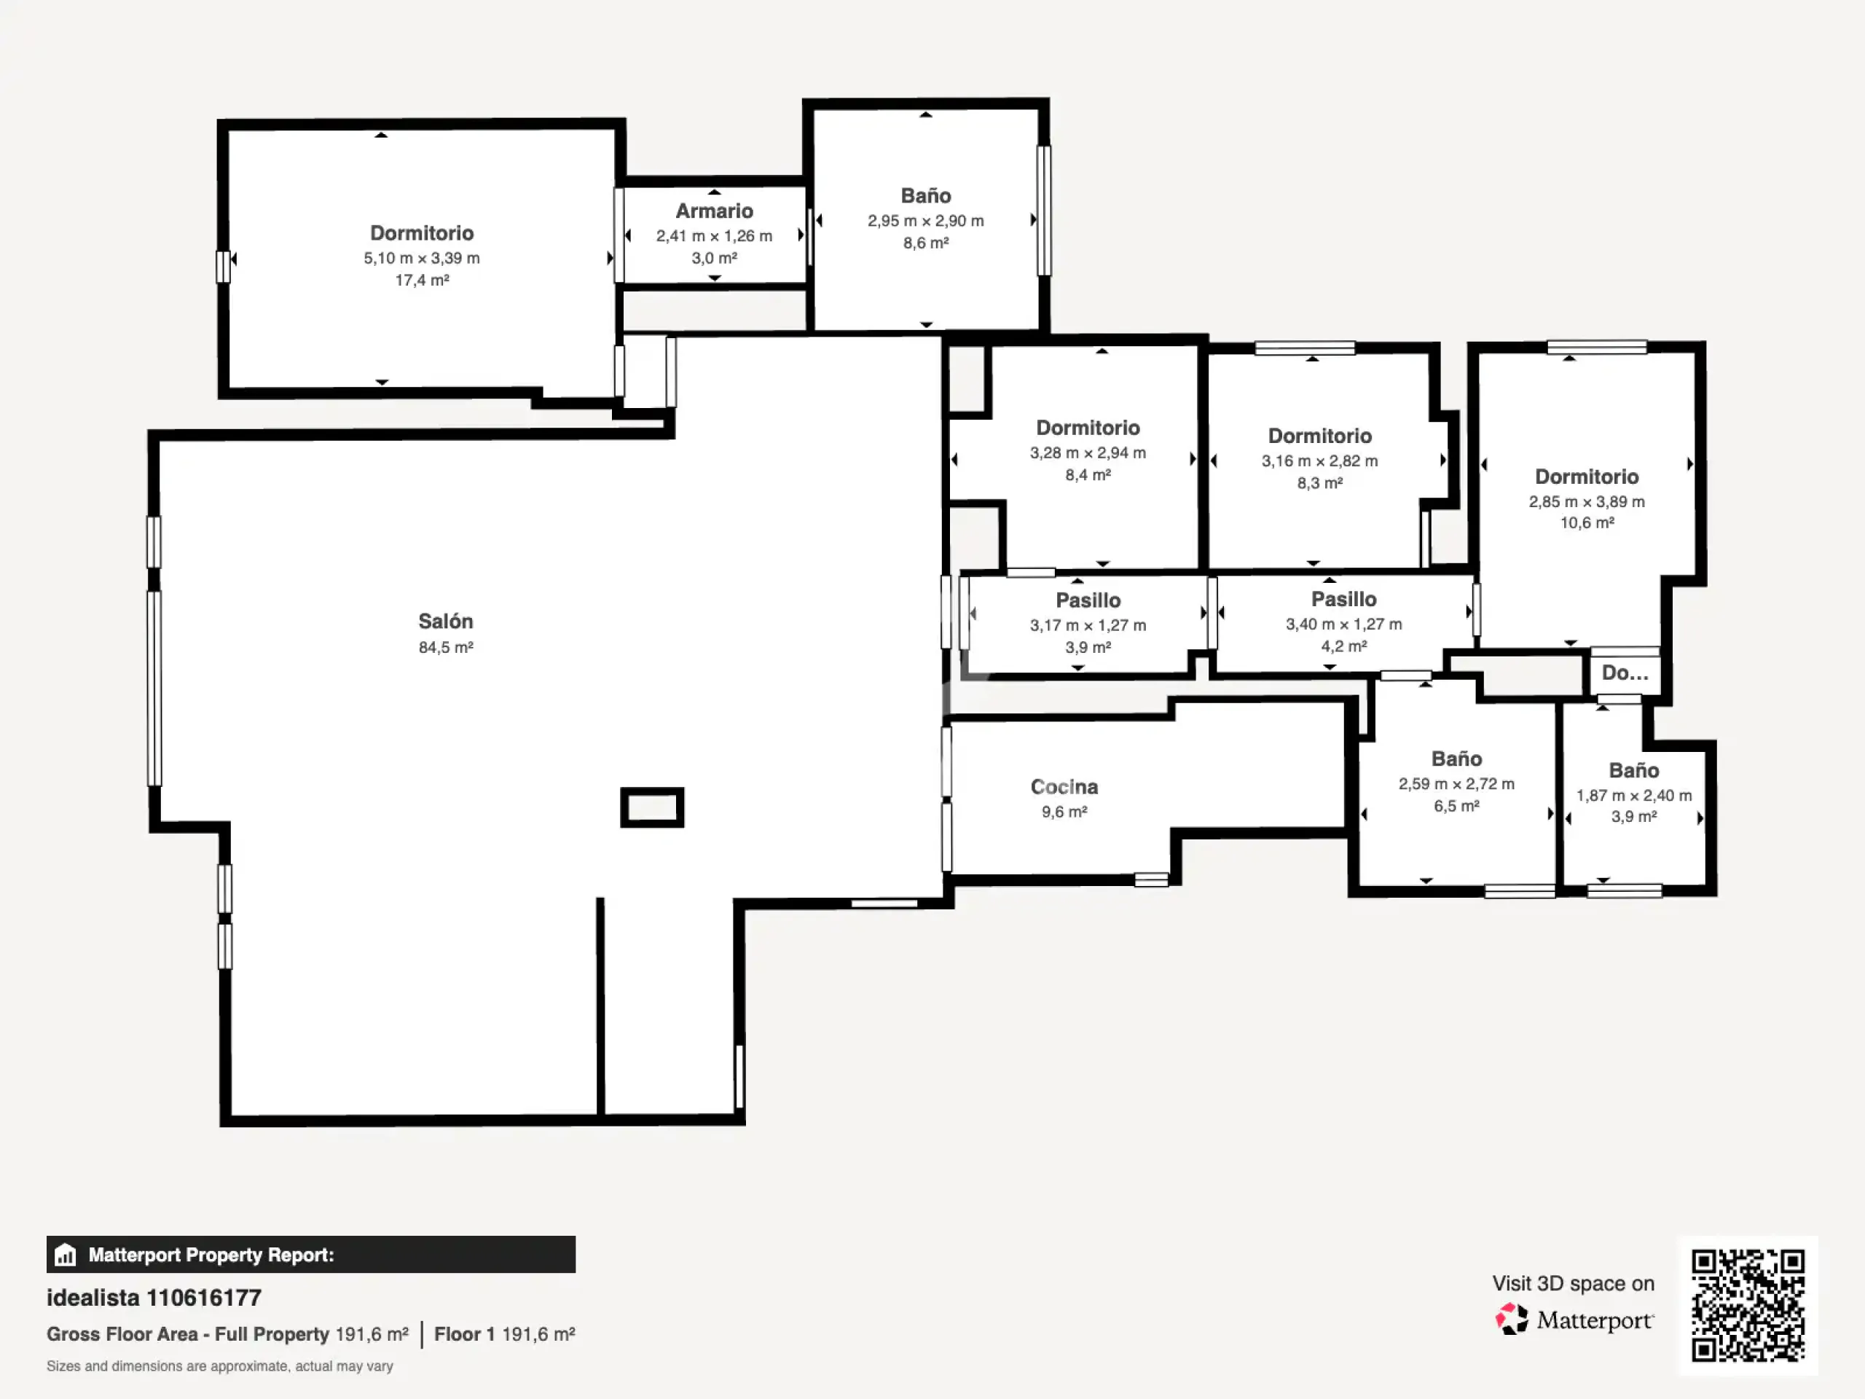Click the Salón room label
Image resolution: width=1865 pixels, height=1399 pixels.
click(x=445, y=622)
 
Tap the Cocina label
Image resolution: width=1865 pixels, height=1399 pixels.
click(x=1064, y=787)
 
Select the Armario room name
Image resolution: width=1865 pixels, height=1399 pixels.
click(x=714, y=211)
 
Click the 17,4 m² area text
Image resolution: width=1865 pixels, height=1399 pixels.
click(x=422, y=280)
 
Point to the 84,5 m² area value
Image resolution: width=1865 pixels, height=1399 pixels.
click(x=445, y=648)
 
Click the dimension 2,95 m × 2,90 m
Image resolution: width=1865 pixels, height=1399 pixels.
click(x=926, y=221)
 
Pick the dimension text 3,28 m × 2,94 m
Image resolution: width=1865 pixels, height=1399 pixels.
click(x=1088, y=452)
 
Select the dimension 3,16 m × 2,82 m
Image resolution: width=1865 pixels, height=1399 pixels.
click(x=1319, y=461)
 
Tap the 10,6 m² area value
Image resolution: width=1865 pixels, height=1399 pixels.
click(x=1587, y=523)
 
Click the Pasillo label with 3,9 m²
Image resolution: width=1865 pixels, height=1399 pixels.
click(x=1088, y=600)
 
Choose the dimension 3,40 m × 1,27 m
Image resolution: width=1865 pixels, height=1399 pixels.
click(x=1343, y=624)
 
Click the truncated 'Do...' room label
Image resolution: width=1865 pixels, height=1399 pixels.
click(x=1625, y=673)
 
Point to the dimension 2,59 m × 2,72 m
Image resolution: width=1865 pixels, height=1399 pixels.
click(x=1456, y=784)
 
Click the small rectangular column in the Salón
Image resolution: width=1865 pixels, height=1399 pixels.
click(x=652, y=808)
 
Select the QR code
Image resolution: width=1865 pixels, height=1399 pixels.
click(x=1748, y=1306)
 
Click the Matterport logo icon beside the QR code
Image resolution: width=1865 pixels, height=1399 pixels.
click(x=1511, y=1320)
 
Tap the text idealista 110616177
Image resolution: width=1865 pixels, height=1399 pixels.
click(x=154, y=1298)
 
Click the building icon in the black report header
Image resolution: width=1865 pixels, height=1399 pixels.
click(x=65, y=1255)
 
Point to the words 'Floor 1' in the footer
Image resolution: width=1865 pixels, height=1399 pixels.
click(x=464, y=1334)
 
